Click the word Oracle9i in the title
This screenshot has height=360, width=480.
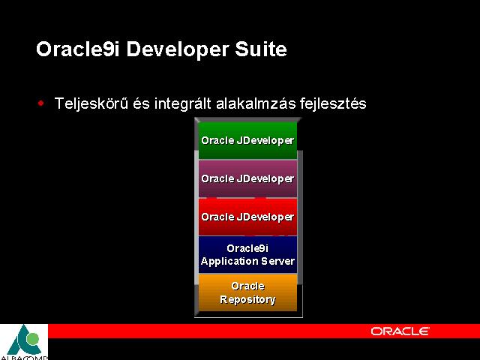click(78, 49)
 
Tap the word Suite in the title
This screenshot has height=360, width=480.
click(261, 49)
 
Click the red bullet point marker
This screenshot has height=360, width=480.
click(40, 103)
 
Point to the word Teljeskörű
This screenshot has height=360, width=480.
click(91, 103)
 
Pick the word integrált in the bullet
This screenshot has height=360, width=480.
click(183, 103)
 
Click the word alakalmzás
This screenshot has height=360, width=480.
click(256, 103)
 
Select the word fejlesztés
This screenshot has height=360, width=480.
click(333, 103)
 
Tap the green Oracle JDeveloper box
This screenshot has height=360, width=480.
click(247, 140)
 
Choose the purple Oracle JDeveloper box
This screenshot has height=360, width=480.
click(247, 178)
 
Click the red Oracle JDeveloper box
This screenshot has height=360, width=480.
click(247, 217)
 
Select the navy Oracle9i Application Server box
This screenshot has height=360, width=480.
click(247, 254)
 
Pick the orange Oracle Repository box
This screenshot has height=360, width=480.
click(247, 292)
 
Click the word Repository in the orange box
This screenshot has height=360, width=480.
click(247, 299)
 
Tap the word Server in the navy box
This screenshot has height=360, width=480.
click(278, 261)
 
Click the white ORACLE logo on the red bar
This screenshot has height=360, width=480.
click(400, 331)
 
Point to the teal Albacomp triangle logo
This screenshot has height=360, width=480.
click(25, 340)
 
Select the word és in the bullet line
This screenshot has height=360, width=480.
click(141, 103)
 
